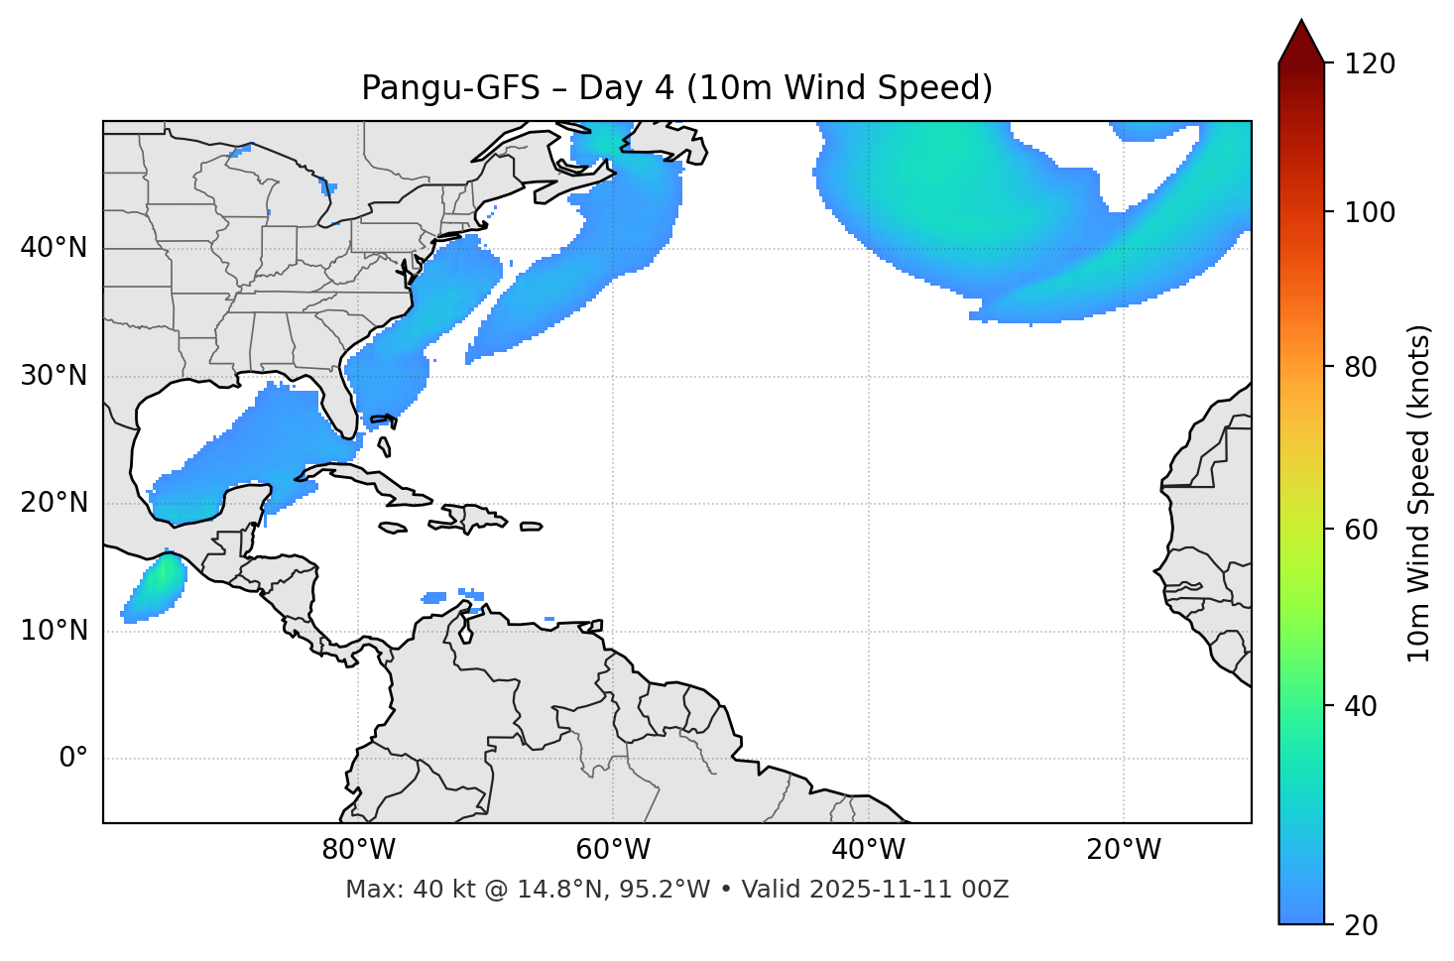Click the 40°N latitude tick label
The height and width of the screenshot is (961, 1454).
[54, 248]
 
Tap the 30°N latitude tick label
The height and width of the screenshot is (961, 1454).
[54, 376]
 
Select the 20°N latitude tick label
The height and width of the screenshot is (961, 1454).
[54, 503]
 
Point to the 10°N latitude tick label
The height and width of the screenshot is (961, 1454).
[54, 631]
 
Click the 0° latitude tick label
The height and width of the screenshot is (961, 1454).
[72, 759]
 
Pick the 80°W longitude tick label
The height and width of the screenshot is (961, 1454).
[358, 850]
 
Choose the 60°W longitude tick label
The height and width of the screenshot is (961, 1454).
[613, 850]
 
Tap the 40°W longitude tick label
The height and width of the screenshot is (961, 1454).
[868, 850]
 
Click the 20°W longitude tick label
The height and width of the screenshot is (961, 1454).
[1124, 850]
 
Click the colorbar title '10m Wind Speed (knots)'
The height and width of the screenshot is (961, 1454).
[1419, 493]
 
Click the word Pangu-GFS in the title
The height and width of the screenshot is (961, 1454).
[450, 88]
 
